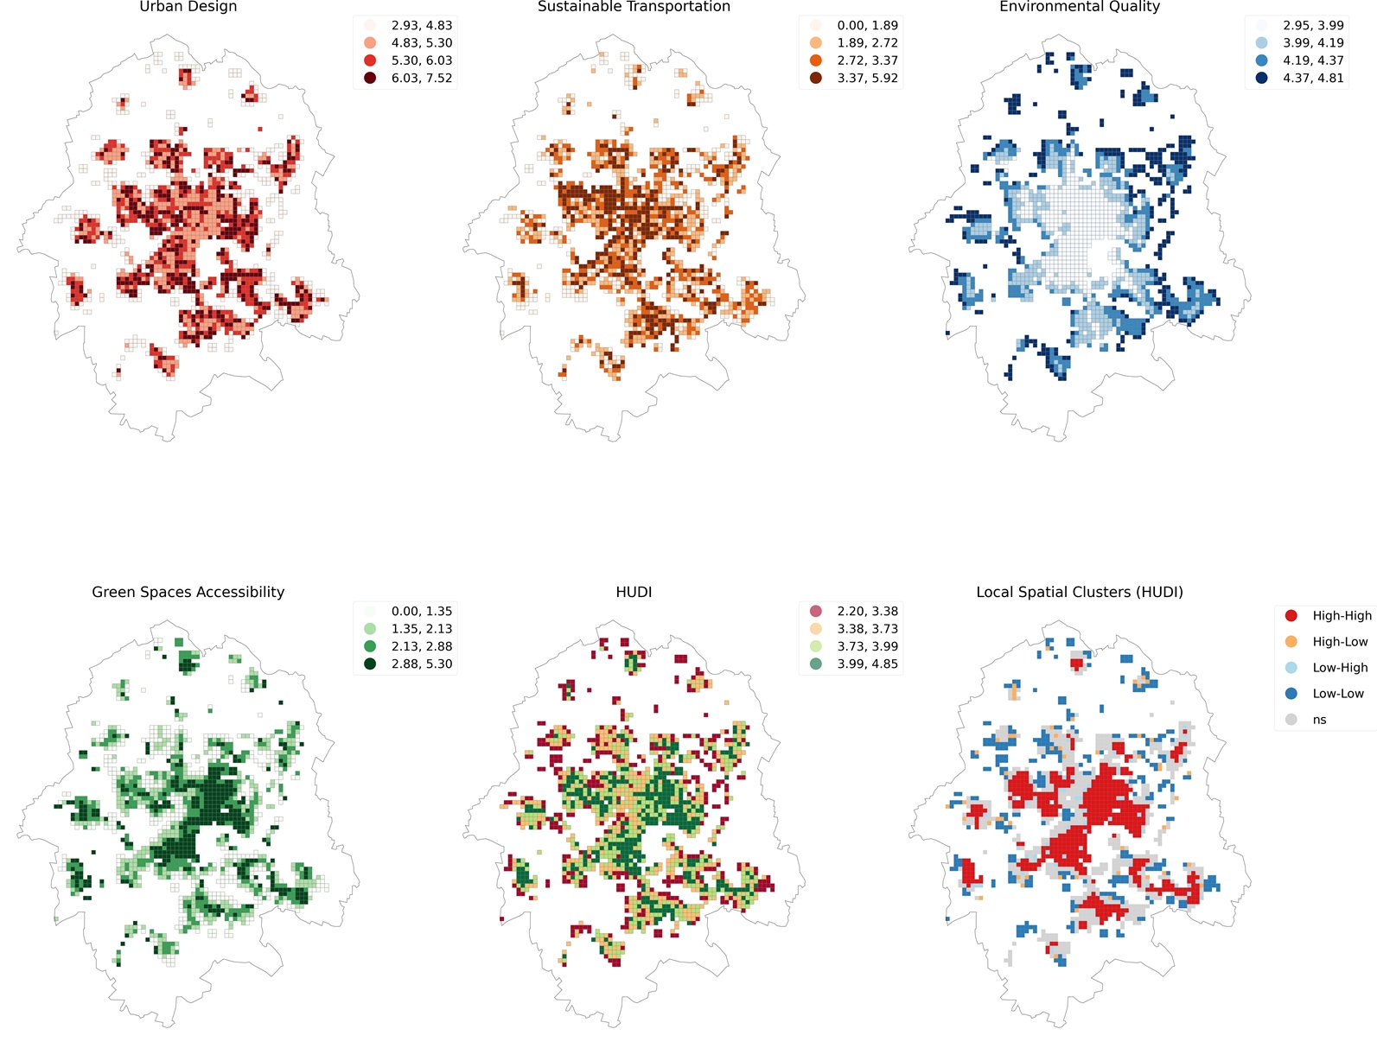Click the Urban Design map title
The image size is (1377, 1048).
coord(188,7)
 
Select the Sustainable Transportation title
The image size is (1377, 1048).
coord(634,7)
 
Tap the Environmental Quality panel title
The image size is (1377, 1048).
coord(1079,7)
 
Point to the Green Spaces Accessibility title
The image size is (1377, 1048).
coord(188,592)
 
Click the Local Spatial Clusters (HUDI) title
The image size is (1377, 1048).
coord(1079,592)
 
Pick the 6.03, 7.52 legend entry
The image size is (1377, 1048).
coord(421,78)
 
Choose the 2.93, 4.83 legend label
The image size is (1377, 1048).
coord(421,25)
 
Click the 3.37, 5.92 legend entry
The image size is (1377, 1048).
coord(867,78)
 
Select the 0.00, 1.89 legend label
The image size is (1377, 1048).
coord(867,25)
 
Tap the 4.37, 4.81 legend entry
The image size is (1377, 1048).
coord(1312,78)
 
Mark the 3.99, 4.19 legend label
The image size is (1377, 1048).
coord(1312,42)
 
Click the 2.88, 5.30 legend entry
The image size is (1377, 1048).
coord(421,664)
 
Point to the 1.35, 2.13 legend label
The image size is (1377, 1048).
coord(421,629)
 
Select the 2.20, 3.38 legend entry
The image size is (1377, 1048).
coord(867,611)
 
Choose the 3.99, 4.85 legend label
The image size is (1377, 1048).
coord(867,664)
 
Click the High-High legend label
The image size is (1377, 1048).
coord(1342,616)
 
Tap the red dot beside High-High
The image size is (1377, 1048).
coord(1291,615)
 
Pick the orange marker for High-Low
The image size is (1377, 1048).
coord(1291,641)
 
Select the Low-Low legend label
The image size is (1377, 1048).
coord(1338,694)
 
